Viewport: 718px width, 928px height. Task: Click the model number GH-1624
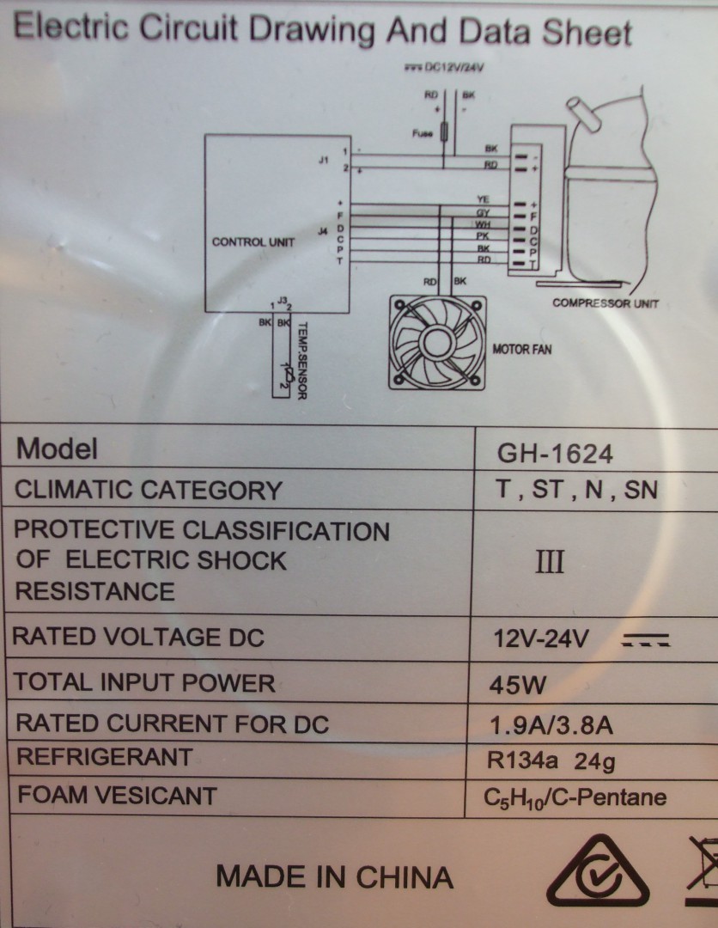pyautogui.click(x=556, y=454)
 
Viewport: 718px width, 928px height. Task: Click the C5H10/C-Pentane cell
pyautogui.click(x=575, y=798)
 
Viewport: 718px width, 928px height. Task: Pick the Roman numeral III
pyautogui.click(x=550, y=563)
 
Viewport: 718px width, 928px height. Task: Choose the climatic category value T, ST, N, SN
pyautogui.click(x=576, y=490)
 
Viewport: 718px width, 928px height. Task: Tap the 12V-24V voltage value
pyautogui.click(x=541, y=640)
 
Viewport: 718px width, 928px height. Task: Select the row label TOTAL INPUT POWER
pyautogui.click(x=145, y=683)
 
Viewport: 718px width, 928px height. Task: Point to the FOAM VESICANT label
pyautogui.click(x=117, y=795)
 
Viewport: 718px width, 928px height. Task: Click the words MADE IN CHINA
pyautogui.click(x=334, y=877)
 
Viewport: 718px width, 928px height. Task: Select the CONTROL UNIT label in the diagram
pyautogui.click(x=253, y=242)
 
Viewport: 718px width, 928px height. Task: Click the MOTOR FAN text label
pyautogui.click(x=521, y=350)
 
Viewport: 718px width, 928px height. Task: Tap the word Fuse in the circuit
pyautogui.click(x=422, y=133)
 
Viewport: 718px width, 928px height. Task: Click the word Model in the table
pyautogui.click(x=57, y=449)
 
